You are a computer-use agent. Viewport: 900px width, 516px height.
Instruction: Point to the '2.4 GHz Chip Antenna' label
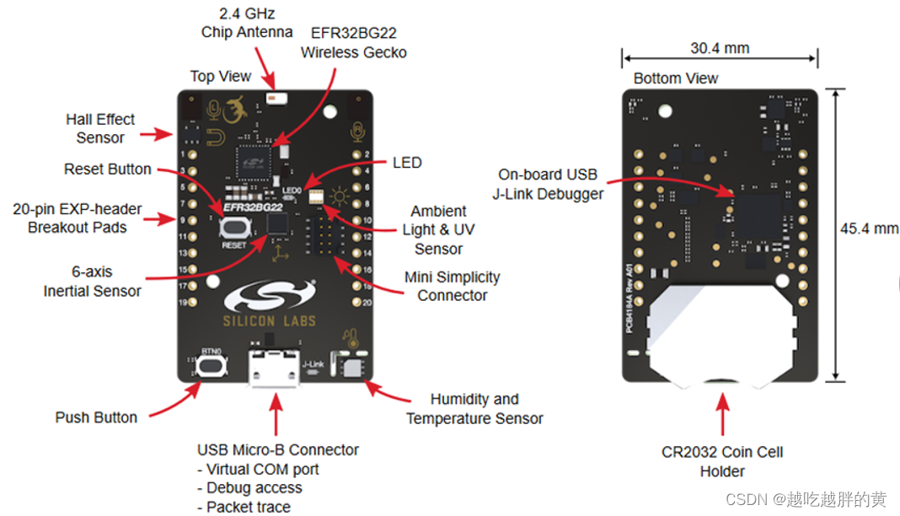pos(247,24)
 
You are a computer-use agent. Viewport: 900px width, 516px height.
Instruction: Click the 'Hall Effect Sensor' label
pos(100,128)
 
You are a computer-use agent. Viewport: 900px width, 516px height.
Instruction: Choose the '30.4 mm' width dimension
pos(720,48)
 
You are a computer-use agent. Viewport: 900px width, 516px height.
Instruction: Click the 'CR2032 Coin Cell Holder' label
pos(722,461)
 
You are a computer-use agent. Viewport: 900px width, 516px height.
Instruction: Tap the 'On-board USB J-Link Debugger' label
pos(548,184)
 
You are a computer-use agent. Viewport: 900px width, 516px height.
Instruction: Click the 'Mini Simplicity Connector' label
pos(452,286)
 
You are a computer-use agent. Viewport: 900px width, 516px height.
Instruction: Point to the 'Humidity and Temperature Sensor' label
pos(474,409)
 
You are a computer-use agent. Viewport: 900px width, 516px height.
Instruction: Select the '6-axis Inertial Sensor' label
pos(92,282)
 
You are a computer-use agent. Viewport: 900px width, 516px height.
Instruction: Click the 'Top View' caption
pos(221,76)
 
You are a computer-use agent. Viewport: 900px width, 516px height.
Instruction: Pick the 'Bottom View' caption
pos(676,78)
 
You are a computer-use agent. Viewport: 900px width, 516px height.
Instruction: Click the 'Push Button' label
pos(96,417)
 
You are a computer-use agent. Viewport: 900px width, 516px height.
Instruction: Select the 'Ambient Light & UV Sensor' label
pos(438,229)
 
